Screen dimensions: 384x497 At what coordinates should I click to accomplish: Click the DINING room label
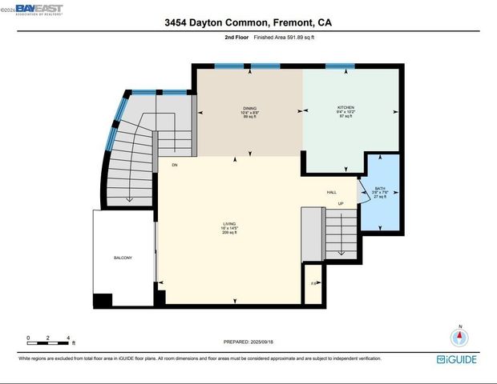click(x=250, y=107)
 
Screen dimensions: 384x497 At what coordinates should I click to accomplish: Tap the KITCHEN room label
click(x=345, y=107)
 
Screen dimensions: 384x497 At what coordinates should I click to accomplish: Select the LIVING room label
click(x=228, y=223)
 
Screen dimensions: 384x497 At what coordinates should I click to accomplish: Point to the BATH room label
click(x=380, y=189)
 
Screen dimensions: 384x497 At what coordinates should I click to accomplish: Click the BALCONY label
click(x=123, y=258)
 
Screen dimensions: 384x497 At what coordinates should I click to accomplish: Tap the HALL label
click(x=331, y=192)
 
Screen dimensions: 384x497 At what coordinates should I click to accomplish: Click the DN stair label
click(x=174, y=165)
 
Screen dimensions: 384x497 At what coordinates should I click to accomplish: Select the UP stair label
click(x=340, y=204)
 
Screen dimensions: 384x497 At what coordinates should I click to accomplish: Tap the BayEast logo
click(x=32, y=10)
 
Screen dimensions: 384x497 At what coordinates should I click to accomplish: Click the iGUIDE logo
click(x=456, y=359)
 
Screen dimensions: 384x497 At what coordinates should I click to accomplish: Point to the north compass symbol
click(x=459, y=337)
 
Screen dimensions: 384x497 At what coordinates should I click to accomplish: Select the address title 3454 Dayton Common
click(x=248, y=24)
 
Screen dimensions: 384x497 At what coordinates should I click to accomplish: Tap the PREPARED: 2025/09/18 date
click(x=248, y=342)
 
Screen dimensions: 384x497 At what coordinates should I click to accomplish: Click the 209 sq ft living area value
click(x=228, y=232)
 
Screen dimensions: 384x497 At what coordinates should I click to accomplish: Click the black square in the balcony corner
click(x=103, y=301)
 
